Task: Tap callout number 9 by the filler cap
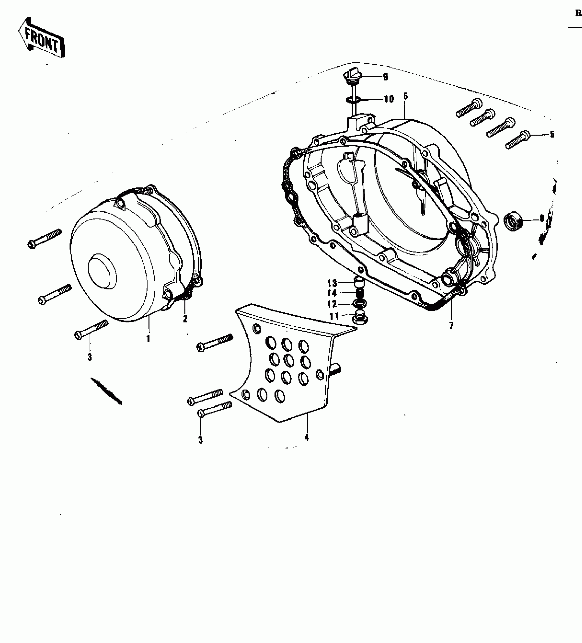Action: (385, 77)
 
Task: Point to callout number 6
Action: (405, 96)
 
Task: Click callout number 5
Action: (552, 135)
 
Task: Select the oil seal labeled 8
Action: (514, 220)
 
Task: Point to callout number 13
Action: (332, 283)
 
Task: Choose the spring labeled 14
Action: (359, 293)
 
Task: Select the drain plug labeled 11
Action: (359, 317)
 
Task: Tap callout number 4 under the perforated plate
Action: (306, 438)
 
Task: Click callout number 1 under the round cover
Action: (148, 339)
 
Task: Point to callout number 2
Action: (185, 319)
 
